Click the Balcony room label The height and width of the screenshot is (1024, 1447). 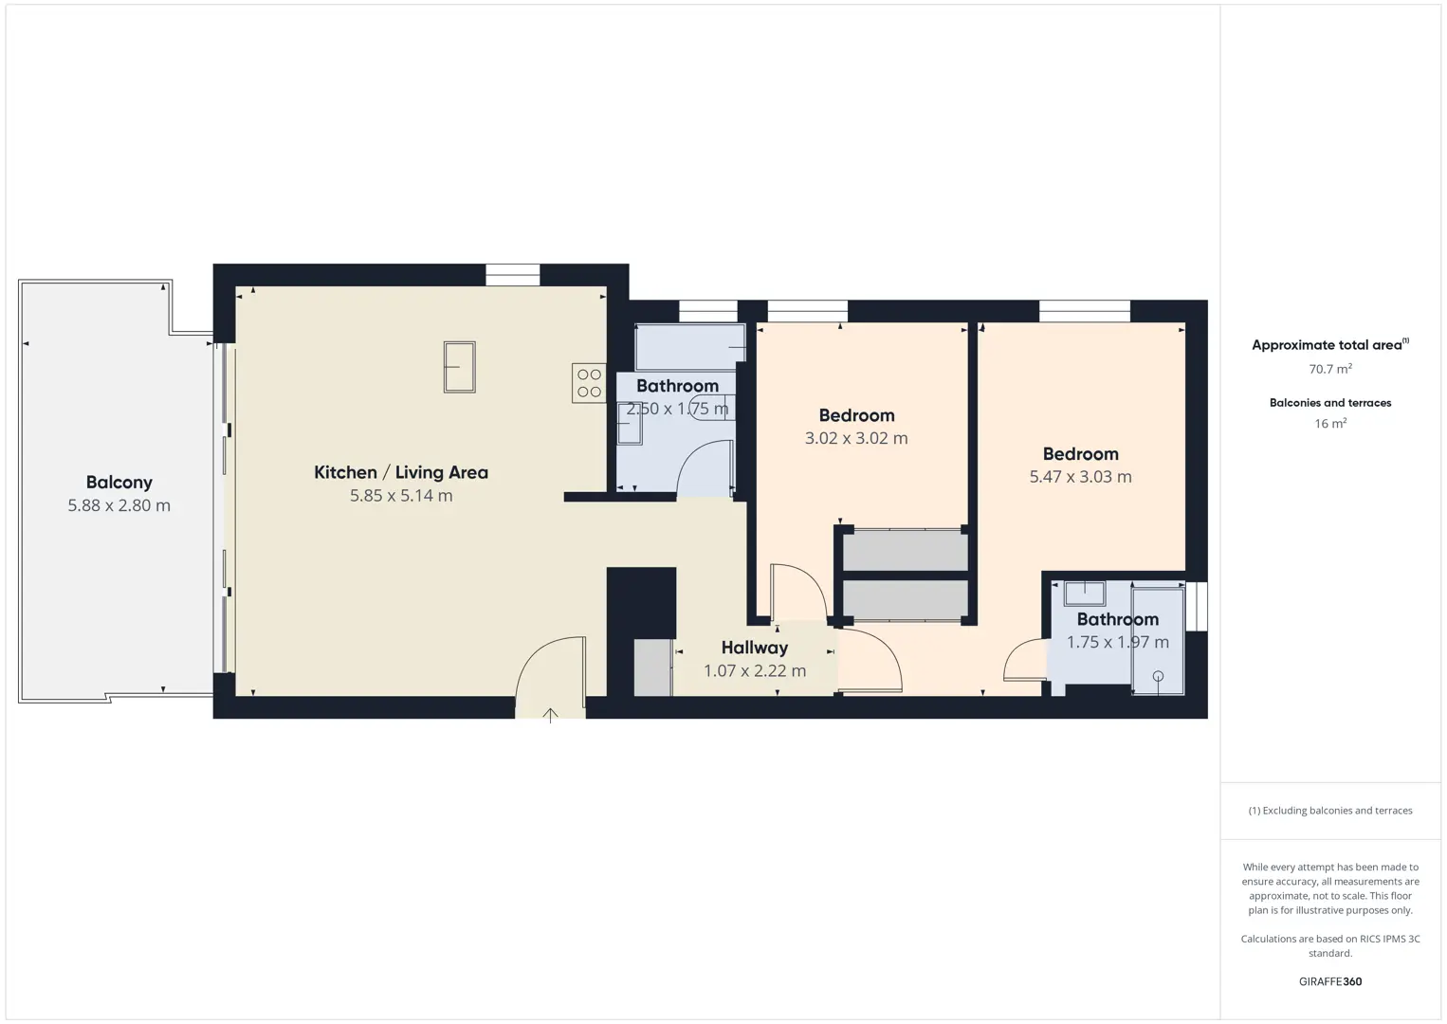pyautogui.click(x=119, y=482)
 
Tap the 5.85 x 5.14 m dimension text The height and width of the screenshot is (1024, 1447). pyautogui.click(x=401, y=496)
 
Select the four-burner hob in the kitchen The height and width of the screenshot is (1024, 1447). pyautogui.click(x=589, y=383)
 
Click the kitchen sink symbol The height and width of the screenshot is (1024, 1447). pyautogui.click(x=459, y=367)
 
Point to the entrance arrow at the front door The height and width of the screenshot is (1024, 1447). pyautogui.click(x=550, y=715)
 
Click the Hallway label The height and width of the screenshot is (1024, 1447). pyautogui.click(x=755, y=648)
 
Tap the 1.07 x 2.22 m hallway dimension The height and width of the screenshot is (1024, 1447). pyautogui.click(x=755, y=670)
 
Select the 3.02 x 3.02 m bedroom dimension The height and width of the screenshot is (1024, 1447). pyautogui.click(x=856, y=438)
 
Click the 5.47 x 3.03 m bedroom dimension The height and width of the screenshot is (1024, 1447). pyautogui.click(x=1080, y=477)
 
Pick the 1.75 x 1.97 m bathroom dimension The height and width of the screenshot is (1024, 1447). pyautogui.click(x=1118, y=642)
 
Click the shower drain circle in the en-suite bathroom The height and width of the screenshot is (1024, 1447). pyautogui.click(x=1158, y=676)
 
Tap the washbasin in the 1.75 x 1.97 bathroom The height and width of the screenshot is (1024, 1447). pyautogui.click(x=1085, y=594)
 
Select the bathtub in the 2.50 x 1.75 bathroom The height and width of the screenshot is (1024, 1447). pyautogui.click(x=690, y=348)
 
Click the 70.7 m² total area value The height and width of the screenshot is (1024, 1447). pyautogui.click(x=1330, y=369)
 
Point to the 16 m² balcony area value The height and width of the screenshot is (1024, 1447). pyautogui.click(x=1330, y=423)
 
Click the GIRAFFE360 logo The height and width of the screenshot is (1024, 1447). pyautogui.click(x=1330, y=981)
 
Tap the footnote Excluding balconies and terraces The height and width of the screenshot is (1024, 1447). pyautogui.click(x=1330, y=810)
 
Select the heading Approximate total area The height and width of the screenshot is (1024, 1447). pyautogui.click(x=1330, y=344)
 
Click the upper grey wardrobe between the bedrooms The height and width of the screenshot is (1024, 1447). pyautogui.click(x=905, y=550)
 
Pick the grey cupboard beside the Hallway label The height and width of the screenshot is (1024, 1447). pyautogui.click(x=653, y=667)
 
